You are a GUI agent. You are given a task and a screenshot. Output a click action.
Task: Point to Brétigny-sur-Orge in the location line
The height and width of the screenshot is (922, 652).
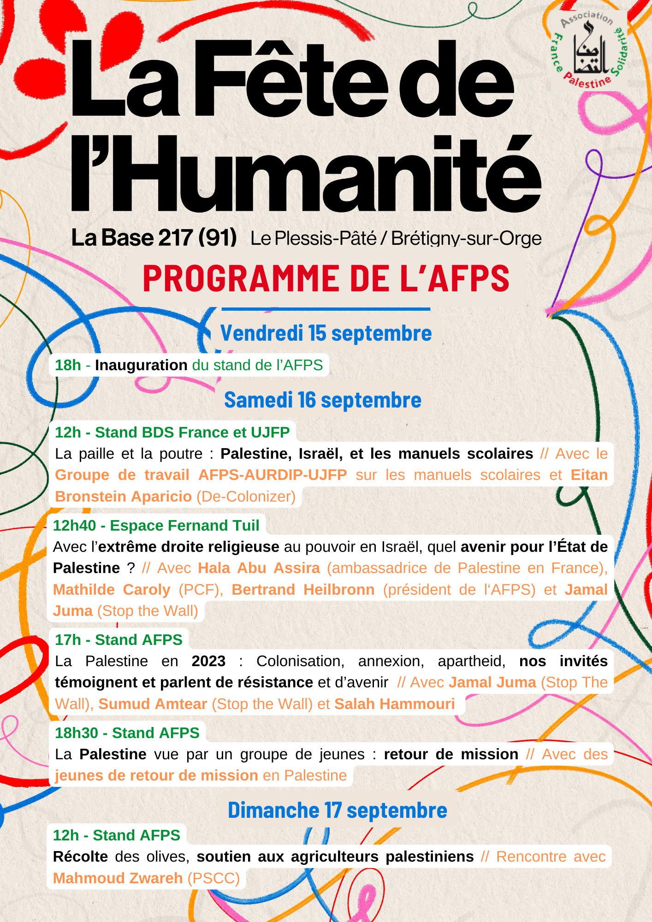[466, 239]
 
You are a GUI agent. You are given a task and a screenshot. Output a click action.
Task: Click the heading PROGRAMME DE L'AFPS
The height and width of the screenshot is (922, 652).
[326, 278]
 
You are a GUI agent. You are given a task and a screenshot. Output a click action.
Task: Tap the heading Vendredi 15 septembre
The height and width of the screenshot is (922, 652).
[326, 333]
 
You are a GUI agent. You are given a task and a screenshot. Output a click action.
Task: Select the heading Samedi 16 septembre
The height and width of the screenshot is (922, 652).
[323, 400]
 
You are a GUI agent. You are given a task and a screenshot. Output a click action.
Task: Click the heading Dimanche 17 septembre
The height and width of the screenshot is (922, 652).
[338, 810]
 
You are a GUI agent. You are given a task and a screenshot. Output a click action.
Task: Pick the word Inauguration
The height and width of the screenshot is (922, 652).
[141, 365]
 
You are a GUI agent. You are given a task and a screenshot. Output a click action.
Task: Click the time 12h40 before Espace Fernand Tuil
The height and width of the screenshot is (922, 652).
[74, 526]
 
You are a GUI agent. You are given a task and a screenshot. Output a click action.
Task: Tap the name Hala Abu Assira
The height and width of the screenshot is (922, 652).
[259, 568]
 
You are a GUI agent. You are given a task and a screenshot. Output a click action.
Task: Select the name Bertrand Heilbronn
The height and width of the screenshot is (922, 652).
[303, 590]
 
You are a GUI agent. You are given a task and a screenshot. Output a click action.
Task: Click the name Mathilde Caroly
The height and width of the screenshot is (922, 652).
[112, 590]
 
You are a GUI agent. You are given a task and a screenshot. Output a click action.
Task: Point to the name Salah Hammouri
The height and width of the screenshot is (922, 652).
[394, 704]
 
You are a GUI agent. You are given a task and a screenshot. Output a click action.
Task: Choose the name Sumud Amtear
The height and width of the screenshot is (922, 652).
[153, 704]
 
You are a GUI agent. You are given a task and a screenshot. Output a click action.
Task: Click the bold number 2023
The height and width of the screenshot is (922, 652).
[208, 661]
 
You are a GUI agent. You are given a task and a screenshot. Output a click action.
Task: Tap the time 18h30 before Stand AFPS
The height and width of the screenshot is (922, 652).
[77, 733]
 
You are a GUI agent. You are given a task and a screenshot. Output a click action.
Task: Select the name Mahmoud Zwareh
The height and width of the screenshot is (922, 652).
[118, 878]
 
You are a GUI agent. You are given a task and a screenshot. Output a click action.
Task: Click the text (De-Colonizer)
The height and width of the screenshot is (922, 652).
[246, 496]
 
